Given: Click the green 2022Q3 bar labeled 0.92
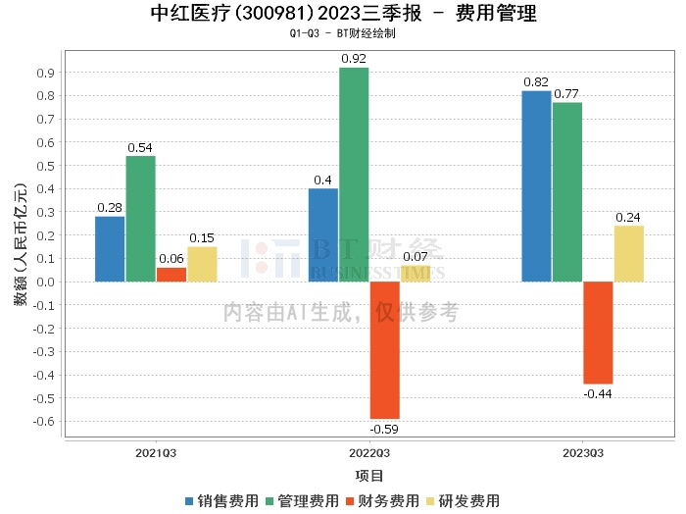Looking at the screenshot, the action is tap(354, 175).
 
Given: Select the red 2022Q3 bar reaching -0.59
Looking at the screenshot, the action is tap(385, 350).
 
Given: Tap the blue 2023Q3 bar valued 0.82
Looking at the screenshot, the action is tap(536, 186).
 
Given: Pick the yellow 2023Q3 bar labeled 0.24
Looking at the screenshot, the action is tap(629, 253).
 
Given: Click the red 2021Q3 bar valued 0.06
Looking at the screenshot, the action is tap(171, 275).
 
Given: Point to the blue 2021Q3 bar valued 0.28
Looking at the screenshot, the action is tap(110, 249).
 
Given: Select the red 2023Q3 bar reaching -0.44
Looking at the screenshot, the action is tap(598, 333).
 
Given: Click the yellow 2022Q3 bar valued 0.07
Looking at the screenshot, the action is tap(416, 274).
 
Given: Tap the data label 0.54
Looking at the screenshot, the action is tap(140, 148).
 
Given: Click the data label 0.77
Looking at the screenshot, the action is tap(566, 94).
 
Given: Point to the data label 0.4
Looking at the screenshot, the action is tap(322, 180).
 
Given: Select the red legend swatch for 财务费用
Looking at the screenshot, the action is tap(350, 501).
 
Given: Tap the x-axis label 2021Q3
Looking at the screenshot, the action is tap(156, 453).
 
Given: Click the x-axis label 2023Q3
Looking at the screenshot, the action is tap(583, 453).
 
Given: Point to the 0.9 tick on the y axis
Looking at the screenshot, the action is tap(45, 73).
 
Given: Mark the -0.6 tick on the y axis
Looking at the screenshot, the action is tap(44, 422).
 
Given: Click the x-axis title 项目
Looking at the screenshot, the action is tap(369, 476).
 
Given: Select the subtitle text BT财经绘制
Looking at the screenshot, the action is tap(367, 33).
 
